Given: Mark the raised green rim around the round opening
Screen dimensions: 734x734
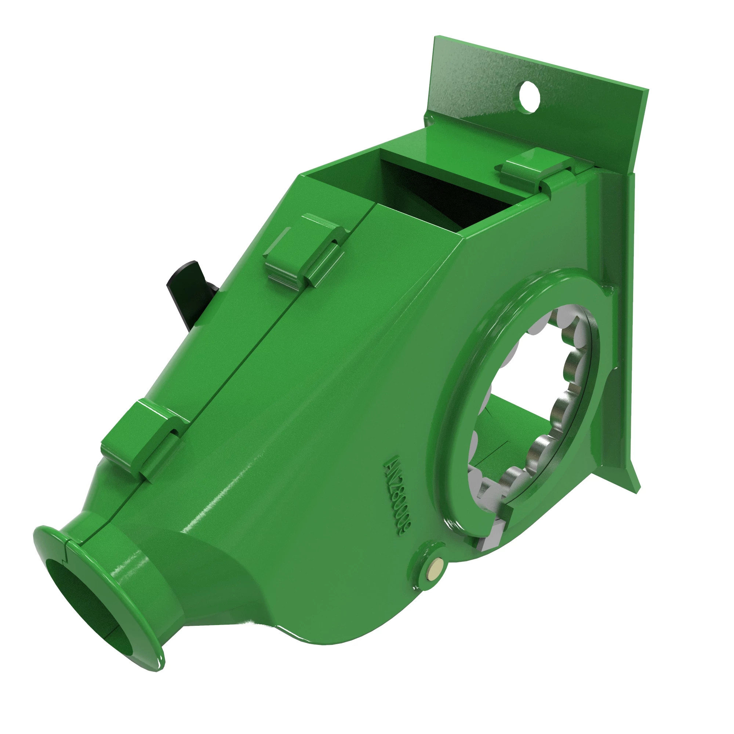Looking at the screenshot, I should coord(456,380).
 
